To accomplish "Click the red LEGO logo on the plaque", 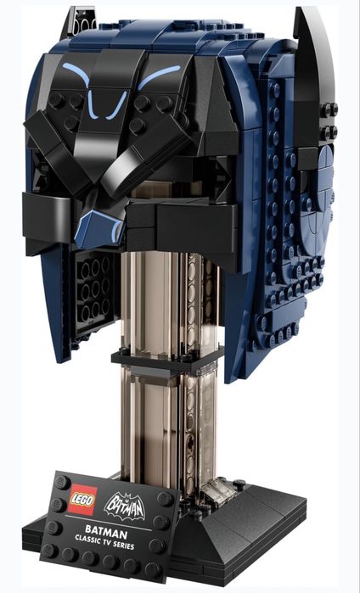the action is point(83,499).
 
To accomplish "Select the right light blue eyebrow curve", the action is point(159,76).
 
